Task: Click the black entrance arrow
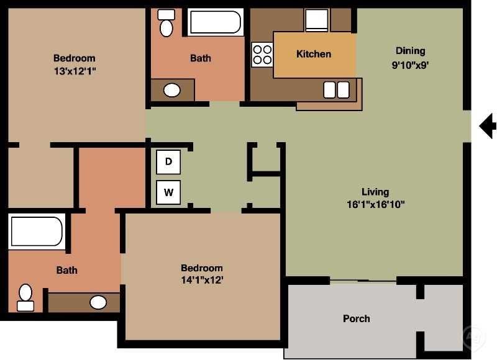click(x=488, y=126)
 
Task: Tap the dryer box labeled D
click(x=168, y=163)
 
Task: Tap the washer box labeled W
click(x=168, y=192)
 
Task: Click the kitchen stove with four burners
click(x=262, y=55)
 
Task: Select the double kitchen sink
click(x=337, y=90)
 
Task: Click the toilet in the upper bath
click(x=166, y=23)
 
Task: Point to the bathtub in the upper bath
click(x=215, y=22)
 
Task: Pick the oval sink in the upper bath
click(x=171, y=91)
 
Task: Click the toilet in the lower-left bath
click(x=25, y=297)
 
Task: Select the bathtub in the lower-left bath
click(x=37, y=232)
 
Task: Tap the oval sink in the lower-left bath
click(x=98, y=302)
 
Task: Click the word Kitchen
click(x=314, y=54)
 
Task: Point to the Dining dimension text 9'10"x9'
click(x=411, y=65)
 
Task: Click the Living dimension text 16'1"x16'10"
click(x=375, y=204)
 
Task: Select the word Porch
click(x=357, y=318)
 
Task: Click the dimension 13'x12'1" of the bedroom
click(x=75, y=71)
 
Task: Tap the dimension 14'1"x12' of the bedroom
click(x=202, y=280)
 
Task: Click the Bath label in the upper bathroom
click(x=200, y=58)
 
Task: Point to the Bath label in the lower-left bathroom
click(x=67, y=270)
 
